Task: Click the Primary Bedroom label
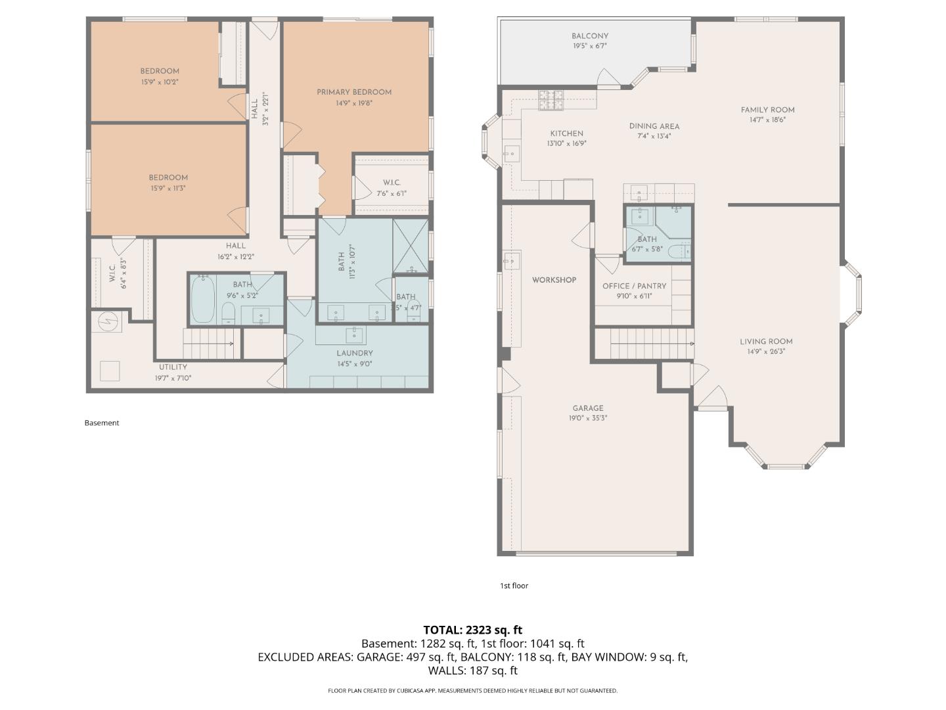(x=354, y=92)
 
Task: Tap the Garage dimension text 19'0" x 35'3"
(x=587, y=418)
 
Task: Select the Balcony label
(x=589, y=36)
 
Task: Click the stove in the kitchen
(x=551, y=99)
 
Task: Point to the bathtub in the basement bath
(x=203, y=300)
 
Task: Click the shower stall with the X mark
(x=410, y=246)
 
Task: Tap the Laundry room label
(x=355, y=353)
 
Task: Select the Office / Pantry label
(x=634, y=286)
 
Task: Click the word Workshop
(x=554, y=280)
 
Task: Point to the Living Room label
(x=766, y=341)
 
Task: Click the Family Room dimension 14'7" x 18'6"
(x=767, y=120)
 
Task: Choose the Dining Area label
(x=654, y=126)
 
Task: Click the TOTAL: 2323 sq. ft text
(x=472, y=630)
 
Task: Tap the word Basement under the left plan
(x=102, y=423)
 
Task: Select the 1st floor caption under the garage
(x=514, y=586)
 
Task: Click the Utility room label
(x=173, y=367)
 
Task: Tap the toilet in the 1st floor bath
(x=679, y=252)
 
